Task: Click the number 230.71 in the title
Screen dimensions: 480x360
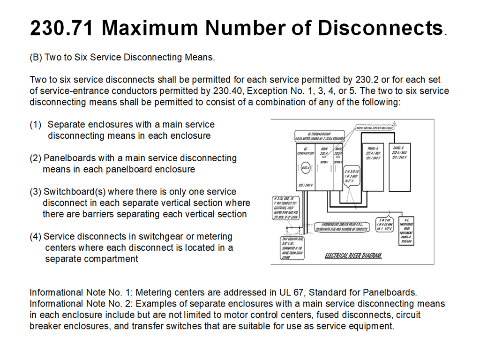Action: [x=61, y=29]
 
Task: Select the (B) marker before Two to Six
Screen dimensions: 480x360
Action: [x=36, y=58]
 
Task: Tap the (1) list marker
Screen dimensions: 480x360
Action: [x=36, y=125]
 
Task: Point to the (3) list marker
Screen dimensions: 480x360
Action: [x=36, y=192]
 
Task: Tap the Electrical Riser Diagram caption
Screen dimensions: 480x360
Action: [x=353, y=256]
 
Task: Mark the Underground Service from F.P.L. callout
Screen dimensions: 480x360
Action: [x=341, y=226]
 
